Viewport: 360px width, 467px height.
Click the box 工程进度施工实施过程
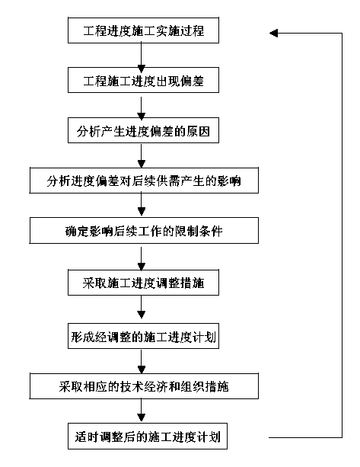[143, 30]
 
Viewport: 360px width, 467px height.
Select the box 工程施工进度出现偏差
[143, 80]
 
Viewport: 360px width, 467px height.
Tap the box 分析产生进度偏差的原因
[143, 130]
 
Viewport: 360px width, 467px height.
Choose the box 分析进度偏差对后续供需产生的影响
[144, 181]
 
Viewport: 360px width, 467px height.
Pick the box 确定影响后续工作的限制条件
[144, 231]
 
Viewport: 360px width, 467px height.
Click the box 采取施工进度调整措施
[143, 283]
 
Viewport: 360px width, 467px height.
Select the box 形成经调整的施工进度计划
[143, 336]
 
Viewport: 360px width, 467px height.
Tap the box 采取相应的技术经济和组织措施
[144, 386]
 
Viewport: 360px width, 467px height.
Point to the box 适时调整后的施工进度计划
[148, 436]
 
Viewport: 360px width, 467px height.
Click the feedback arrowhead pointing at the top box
[273, 33]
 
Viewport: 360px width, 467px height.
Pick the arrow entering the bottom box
[142, 410]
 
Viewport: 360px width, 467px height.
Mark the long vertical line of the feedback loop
[342, 235]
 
